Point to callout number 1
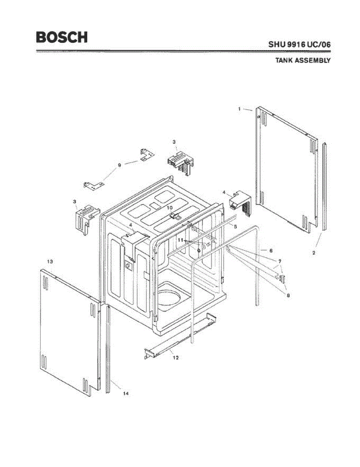240,109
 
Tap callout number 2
314,252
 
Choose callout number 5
235,226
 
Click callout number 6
271,251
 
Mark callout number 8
288,295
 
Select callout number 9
119,165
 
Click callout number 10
170,208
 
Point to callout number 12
176,357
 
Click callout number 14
126,393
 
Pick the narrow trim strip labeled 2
324,187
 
